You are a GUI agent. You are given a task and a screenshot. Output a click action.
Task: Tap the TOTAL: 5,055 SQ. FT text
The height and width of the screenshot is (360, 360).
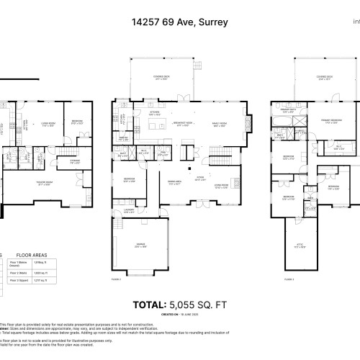click(x=180, y=305)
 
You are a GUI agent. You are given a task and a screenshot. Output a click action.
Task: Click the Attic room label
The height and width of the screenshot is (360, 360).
click(x=302, y=227)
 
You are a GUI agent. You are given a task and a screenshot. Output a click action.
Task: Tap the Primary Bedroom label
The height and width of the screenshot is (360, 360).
click(x=330, y=122)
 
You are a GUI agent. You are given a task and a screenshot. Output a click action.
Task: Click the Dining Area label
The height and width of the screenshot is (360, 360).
click(x=174, y=181)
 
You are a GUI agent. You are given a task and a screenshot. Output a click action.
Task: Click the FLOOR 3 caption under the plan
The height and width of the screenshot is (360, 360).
click(x=289, y=278)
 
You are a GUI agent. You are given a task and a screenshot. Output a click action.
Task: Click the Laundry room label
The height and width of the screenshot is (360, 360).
click(x=129, y=212)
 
